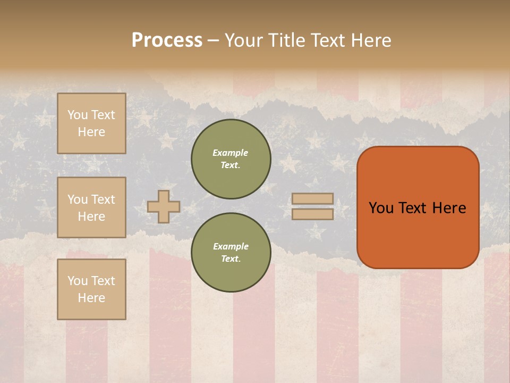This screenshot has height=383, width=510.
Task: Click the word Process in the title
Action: click(x=167, y=40)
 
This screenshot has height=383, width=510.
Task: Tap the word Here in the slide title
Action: click(x=370, y=40)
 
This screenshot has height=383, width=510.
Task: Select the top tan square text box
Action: click(x=91, y=123)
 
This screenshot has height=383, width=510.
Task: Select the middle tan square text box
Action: click(x=91, y=207)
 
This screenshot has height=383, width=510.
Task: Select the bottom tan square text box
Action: click(x=91, y=289)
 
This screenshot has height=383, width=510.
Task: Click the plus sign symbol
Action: click(x=164, y=206)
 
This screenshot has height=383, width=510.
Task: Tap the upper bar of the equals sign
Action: click(x=312, y=198)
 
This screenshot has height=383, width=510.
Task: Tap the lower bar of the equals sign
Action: click(x=312, y=214)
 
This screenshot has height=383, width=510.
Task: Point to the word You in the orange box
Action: click(x=380, y=208)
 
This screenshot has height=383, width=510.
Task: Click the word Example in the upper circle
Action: click(x=231, y=153)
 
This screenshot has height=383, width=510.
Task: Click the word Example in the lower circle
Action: click(x=231, y=246)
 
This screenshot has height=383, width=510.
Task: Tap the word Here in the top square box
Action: click(x=91, y=132)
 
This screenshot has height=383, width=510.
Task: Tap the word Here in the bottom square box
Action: click(x=91, y=298)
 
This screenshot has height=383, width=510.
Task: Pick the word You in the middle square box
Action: click(x=78, y=199)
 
